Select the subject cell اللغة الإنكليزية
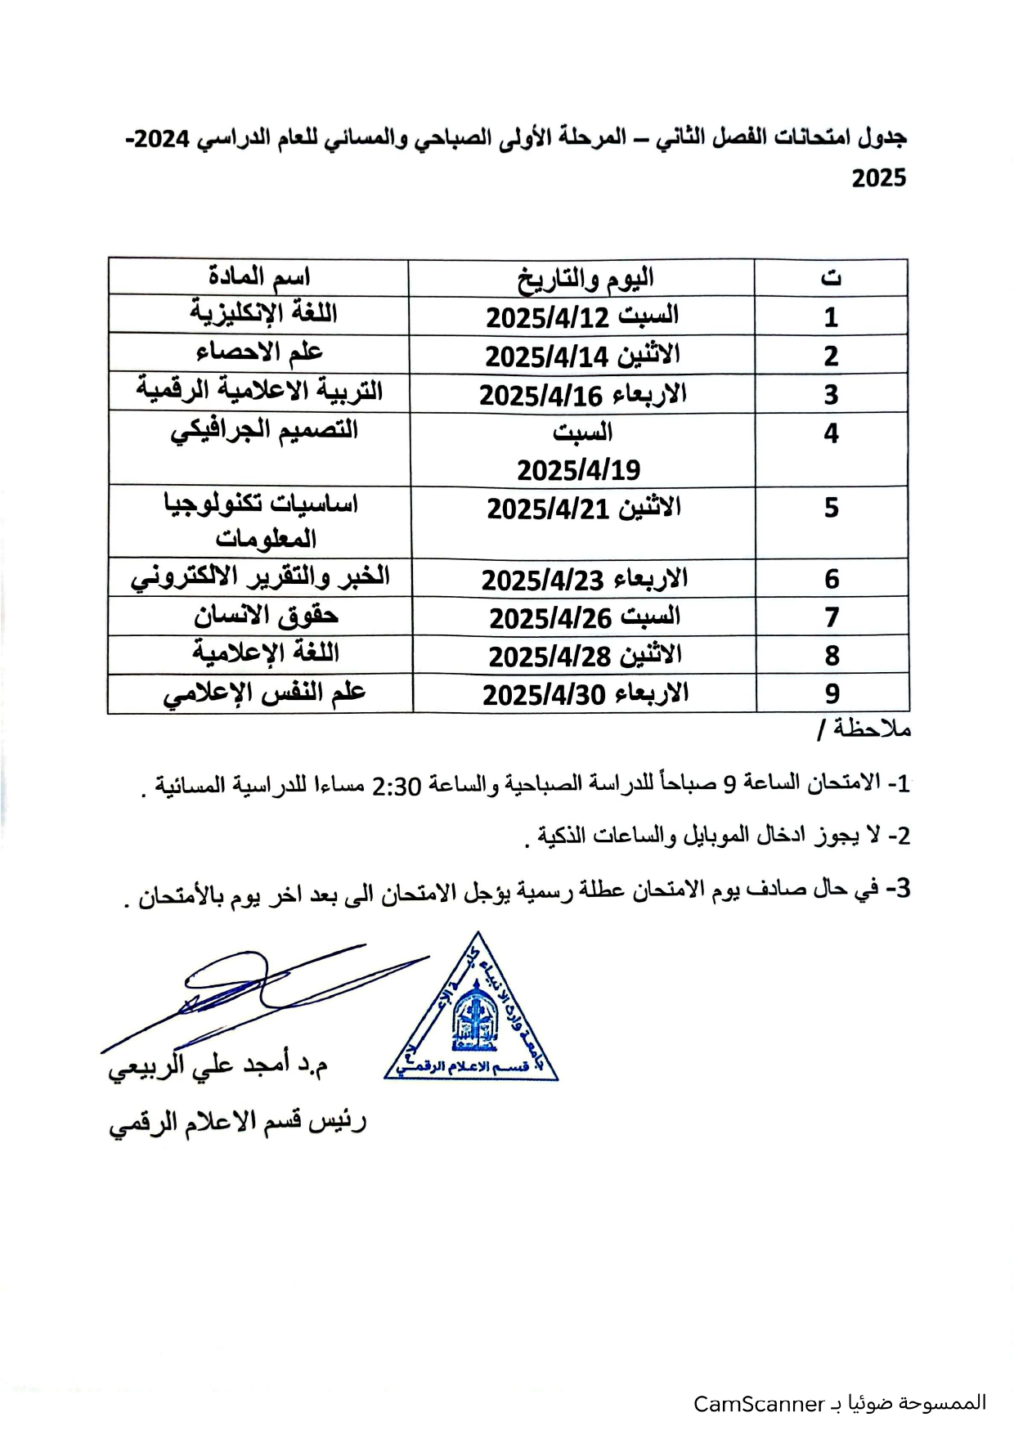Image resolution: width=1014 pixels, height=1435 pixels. [x=263, y=313]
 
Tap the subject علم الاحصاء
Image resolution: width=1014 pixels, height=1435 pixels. [x=259, y=352]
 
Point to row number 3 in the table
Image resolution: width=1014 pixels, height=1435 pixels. [x=831, y=395]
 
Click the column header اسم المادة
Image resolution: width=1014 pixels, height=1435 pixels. [x=258, y=277]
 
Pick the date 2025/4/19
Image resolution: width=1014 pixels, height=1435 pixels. [x=578, y=470]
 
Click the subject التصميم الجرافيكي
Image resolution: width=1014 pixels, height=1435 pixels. [x=263, y=430]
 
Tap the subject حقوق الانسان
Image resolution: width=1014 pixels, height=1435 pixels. [x=266, y=617]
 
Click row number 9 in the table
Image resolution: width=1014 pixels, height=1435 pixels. [x=832, y=694]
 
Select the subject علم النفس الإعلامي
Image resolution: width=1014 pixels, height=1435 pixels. [x=263, y=694]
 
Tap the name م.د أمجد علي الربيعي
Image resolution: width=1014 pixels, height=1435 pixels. [x=218, y=1068]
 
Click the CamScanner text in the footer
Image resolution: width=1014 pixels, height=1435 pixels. [x=758, y=1404]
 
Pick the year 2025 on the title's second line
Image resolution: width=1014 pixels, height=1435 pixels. [x=879, y=178]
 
